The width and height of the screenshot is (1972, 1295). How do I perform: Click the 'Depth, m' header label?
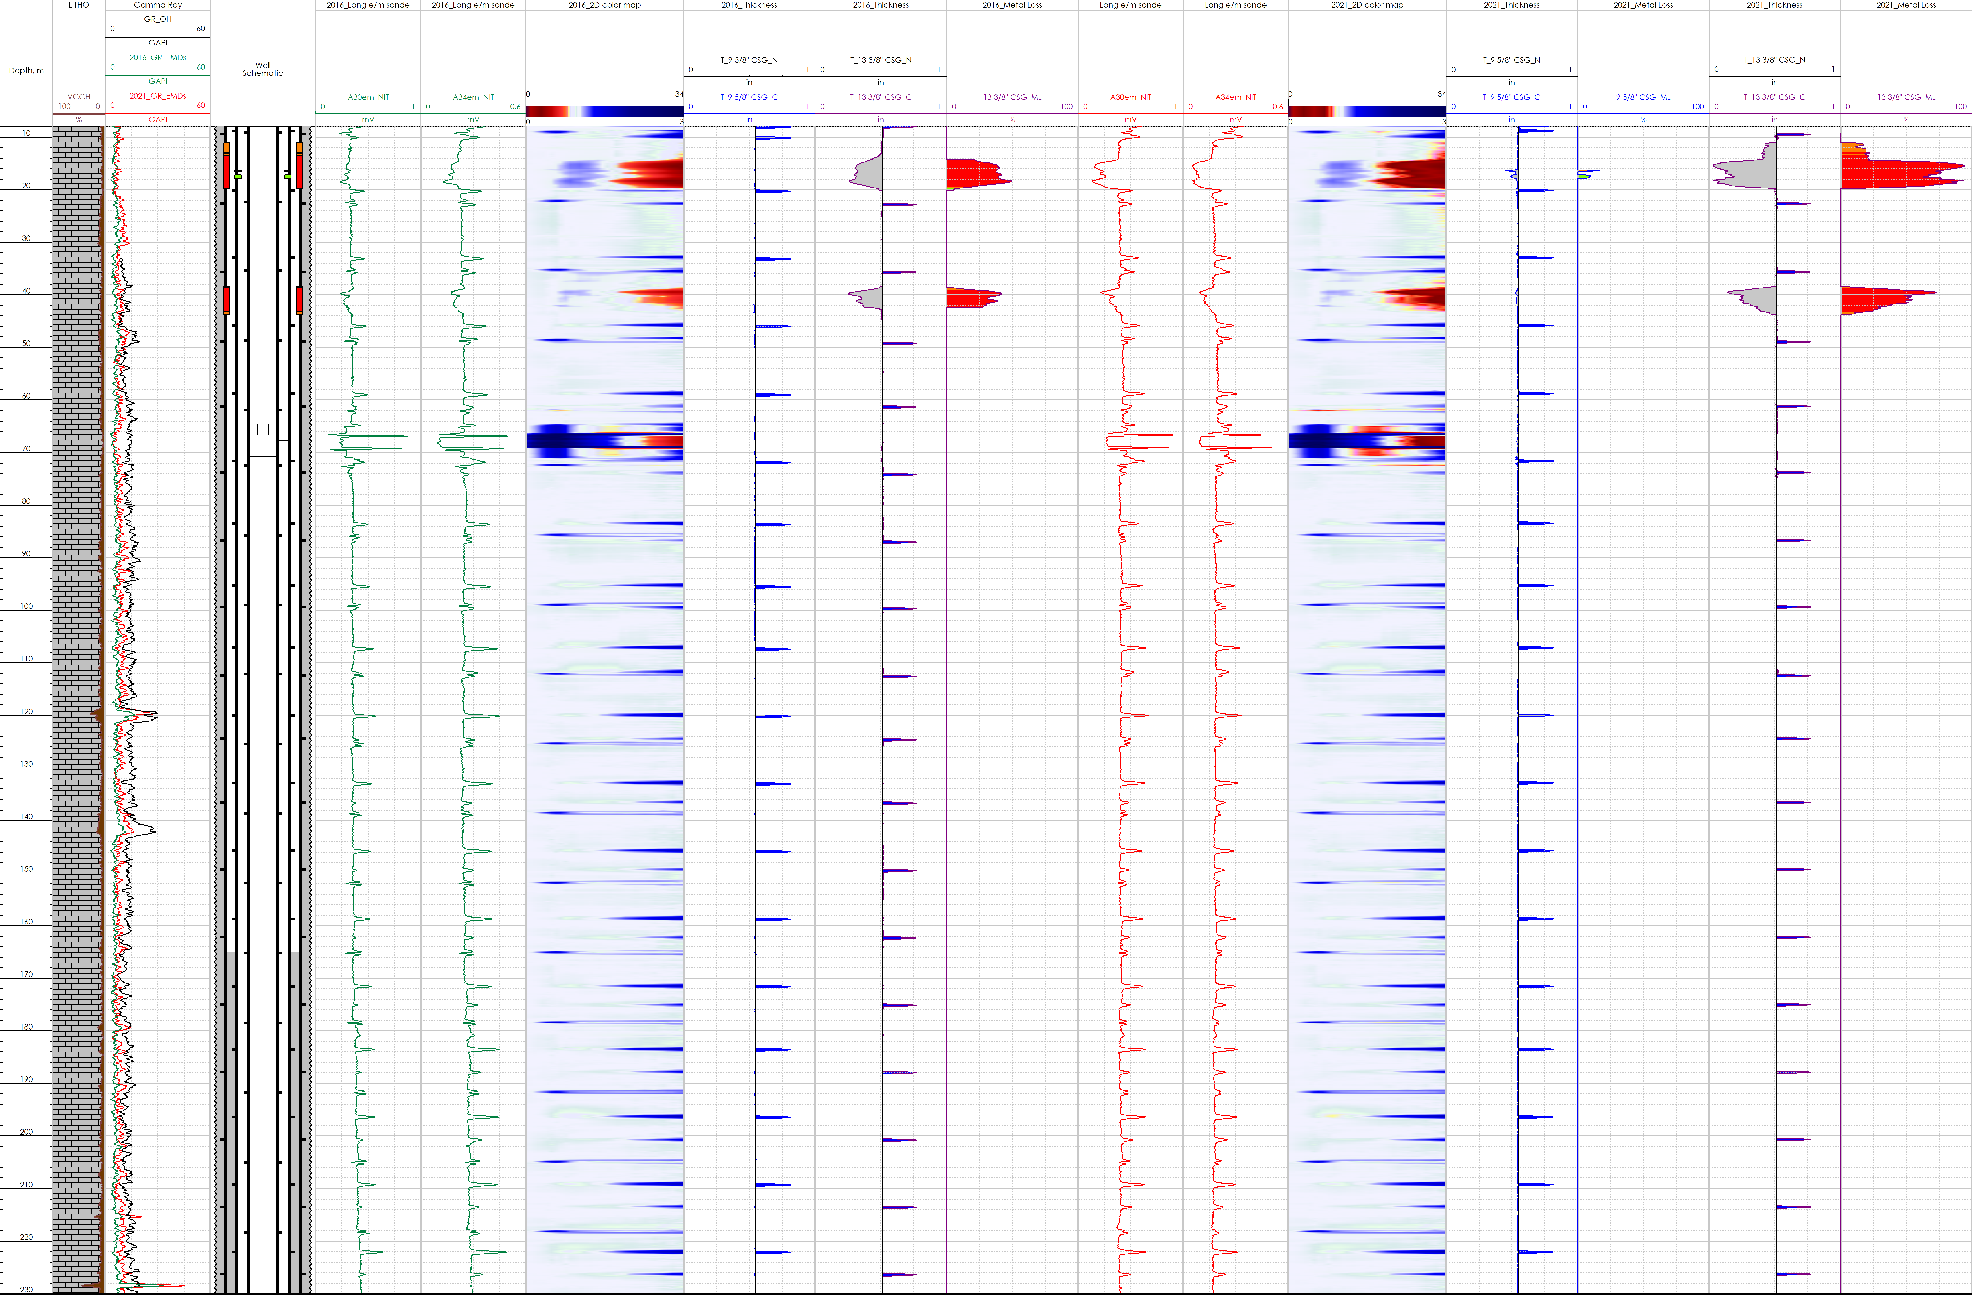[26, 70]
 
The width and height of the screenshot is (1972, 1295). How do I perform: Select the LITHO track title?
[79, 5]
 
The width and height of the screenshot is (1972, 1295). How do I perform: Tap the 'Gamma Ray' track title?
[157, 5]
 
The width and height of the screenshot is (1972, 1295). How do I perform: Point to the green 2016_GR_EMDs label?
[157, 57]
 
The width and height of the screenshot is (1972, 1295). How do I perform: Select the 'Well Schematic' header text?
[263, 69]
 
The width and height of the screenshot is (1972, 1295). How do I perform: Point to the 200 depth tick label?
[26, 1132]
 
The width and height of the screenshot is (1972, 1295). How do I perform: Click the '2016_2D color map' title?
[605, 5]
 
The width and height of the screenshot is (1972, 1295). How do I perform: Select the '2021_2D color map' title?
[1367, 5]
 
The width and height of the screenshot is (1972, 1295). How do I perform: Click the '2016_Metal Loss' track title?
[1012, 5]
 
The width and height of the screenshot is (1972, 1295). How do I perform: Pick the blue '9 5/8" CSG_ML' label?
[1643, 97]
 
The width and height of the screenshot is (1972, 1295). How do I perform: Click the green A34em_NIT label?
[473, 97]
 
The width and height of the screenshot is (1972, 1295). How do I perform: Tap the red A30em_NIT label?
[1130, 97]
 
